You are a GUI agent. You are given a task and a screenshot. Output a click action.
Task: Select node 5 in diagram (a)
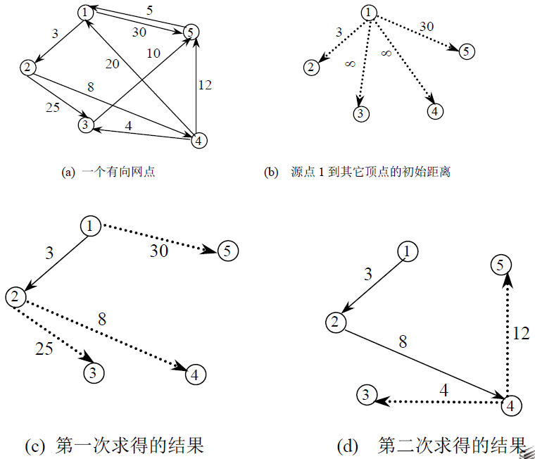189,31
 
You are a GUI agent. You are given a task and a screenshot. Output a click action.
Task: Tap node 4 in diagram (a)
200,140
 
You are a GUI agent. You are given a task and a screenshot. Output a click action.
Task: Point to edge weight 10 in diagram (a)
154,53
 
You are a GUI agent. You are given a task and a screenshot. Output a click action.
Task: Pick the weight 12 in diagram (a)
204,85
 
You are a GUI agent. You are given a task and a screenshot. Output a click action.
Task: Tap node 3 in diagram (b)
359,114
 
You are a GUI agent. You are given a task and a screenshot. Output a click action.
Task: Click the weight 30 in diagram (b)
427,26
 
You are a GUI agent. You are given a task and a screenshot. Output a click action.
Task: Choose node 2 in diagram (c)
15,296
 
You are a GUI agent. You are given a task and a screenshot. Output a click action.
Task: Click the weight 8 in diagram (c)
102,319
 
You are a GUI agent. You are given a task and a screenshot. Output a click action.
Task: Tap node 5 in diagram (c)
227,251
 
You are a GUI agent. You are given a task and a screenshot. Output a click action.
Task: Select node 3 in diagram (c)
92,372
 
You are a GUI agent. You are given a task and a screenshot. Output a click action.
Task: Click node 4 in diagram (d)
512,405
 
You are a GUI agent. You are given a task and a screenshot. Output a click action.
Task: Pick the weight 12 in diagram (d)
520,334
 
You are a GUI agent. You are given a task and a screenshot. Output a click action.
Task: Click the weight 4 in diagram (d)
444,389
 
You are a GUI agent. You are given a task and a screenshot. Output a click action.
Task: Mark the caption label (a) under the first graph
68,172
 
